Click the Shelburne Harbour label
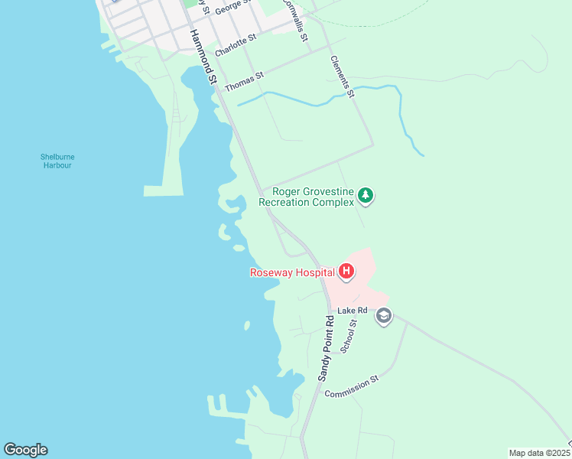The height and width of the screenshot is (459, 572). click(x=57, y=161)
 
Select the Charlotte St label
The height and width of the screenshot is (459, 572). click(x=236, y=45)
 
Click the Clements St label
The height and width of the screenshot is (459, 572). click(x=342, y=76)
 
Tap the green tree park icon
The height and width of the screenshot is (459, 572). click(x=366, y=197)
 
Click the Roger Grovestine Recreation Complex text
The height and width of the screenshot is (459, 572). click(x=307, y=197)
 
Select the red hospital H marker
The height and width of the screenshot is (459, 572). click(x=346, y=272)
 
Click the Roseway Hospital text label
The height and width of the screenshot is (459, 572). click(x=291, y=272)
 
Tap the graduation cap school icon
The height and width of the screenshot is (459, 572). click(x=383, y=317)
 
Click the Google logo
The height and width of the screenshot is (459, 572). click(x=25, y=450)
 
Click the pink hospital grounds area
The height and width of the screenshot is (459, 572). click(x=364, y=286)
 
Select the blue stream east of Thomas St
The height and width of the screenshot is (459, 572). click(x=306, y=100)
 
